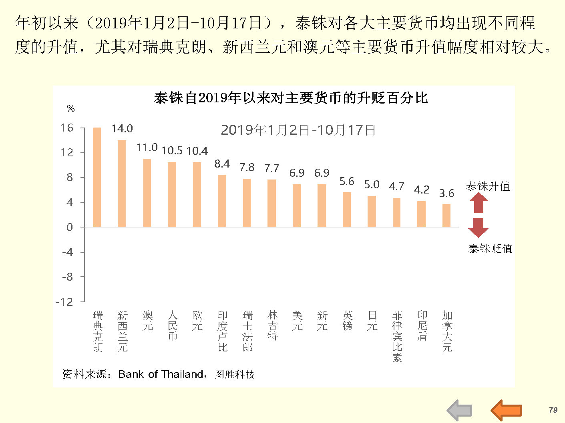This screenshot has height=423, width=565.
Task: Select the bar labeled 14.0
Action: point(122,184)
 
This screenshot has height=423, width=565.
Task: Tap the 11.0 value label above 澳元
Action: point(147,148)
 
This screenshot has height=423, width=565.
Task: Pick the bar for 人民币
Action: point(172,194)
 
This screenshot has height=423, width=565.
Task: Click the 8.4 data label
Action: point(222,164)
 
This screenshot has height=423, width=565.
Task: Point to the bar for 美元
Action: point(297,206)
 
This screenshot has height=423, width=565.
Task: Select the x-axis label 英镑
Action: point(347,321)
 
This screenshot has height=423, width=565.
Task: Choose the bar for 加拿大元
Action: point(446,215)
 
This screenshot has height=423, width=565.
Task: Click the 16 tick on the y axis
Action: point(67,128)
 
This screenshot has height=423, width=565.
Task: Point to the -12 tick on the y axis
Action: point(64,302)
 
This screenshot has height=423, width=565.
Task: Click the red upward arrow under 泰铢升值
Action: point(478,203)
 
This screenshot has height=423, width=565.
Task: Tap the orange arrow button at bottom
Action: point(507,410)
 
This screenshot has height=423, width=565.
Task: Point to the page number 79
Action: point(553,410)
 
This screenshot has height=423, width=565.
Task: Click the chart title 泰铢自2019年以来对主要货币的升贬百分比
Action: point(291,98)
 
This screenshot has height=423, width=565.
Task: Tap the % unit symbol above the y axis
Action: point(71,108)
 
